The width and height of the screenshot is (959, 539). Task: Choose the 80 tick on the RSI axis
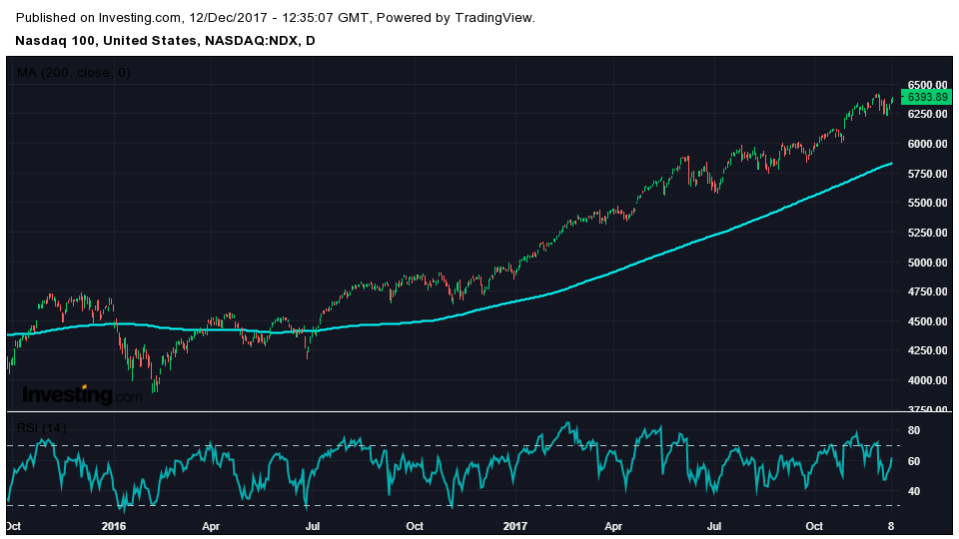click(x=913, y=430)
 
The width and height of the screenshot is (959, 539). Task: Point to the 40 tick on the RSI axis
click(x=913, y=491)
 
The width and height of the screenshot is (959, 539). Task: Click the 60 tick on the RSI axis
click(x=913, y=460)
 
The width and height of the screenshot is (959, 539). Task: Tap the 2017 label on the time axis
click(x=514, y=526)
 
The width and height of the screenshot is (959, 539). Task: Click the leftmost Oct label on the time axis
click(x=14, y=526)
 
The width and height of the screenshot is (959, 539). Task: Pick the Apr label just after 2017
click(x=613, y=526)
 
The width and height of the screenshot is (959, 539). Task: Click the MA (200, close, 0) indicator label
click(x=74, y=73)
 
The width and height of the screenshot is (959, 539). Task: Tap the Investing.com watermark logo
click(x=82, y=395)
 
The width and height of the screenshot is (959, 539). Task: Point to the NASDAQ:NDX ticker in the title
click(x=251, y=41)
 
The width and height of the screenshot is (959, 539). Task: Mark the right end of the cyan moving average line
click(x=892, y=163)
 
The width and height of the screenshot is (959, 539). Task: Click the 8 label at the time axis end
click(x=890, y=526)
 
